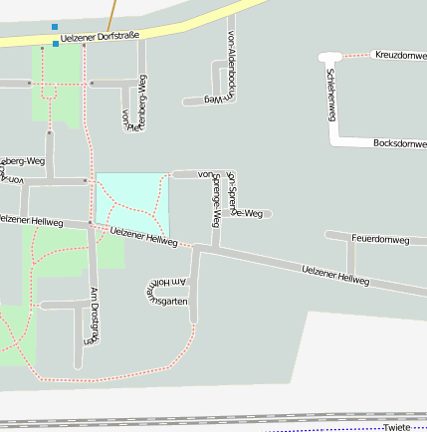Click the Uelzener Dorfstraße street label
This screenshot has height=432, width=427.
click(100, 36)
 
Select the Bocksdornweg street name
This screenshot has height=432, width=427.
click(399, 143)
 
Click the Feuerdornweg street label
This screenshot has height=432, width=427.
click(381, 240)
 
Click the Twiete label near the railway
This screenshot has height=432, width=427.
click(396, 427)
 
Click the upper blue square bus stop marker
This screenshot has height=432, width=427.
click(55, 27)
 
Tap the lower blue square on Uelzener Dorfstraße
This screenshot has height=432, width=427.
click(56, 44)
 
